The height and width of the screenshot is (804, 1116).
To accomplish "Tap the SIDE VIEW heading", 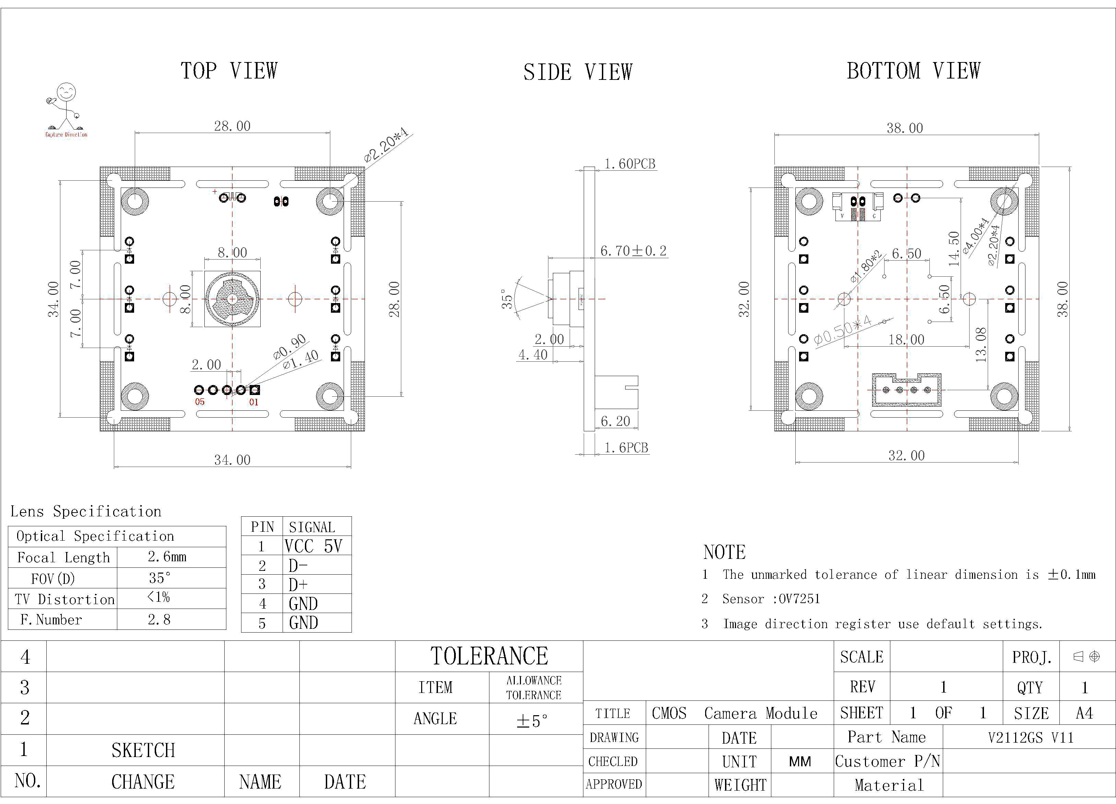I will (x=578, y=72).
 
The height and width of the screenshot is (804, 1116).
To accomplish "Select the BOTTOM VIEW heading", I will (x=913, y=71).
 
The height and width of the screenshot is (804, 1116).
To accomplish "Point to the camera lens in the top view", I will (x=232, y=299).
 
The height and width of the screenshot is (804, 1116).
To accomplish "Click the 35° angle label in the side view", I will (x=507, y=299).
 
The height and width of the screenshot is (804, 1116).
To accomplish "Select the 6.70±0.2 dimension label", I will (x=633, y=251).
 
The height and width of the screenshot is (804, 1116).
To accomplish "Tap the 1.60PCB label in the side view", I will (x=630, y=164).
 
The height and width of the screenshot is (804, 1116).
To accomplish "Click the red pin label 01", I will (x=253, y=402).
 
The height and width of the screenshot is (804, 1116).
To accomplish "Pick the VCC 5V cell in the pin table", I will (x=313, y=546).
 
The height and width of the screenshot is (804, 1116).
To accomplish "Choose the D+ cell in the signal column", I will (x=298, y=585).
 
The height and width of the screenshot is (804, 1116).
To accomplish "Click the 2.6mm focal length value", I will (x=167, y=557).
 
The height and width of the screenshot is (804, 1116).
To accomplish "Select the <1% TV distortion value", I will (x=158, y=598).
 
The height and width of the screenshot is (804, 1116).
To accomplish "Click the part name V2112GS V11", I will (x=1030, y=737).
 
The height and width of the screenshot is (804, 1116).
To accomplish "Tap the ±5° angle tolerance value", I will (x=532, y=721).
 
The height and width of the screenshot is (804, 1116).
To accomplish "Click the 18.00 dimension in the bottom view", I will (x=906, y=339).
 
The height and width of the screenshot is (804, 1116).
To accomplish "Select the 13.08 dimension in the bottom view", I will (x=981, y=345).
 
